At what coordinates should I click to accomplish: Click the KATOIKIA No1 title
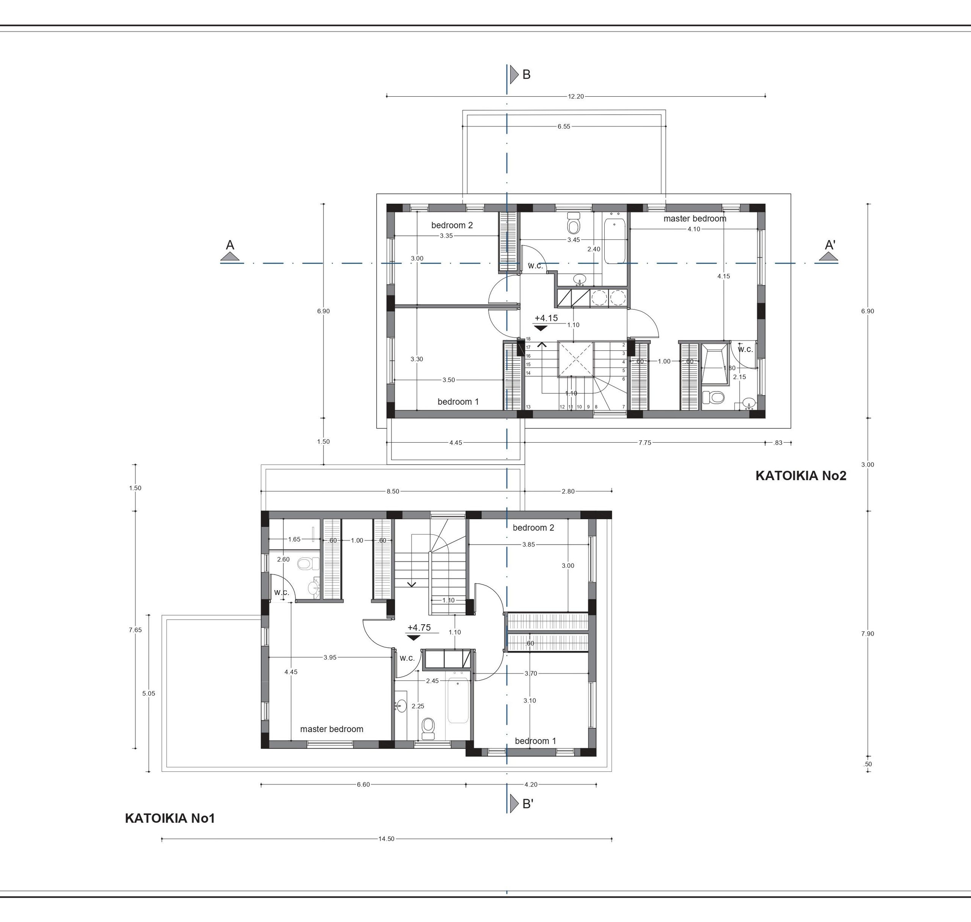tap(170, 818)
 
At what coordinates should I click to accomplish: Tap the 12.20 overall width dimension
tap(576, 96)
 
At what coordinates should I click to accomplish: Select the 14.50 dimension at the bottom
tap(386, 839)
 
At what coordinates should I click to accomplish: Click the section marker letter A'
tap(830, 245)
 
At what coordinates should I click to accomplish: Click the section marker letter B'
tap(528, 804)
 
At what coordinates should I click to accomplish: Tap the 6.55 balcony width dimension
tap(564, 126)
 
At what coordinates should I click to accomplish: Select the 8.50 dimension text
tap(393, 491)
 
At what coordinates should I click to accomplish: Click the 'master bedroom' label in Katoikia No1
tap(332, 729)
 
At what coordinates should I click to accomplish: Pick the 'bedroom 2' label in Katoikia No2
tap(452, 225)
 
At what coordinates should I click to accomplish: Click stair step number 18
tap(528, 339)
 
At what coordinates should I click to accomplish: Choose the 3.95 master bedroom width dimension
tap(330, 658)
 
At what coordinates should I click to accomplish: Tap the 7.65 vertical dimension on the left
tap(135, 630)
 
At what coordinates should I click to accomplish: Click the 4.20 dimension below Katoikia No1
tap(531, 785)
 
